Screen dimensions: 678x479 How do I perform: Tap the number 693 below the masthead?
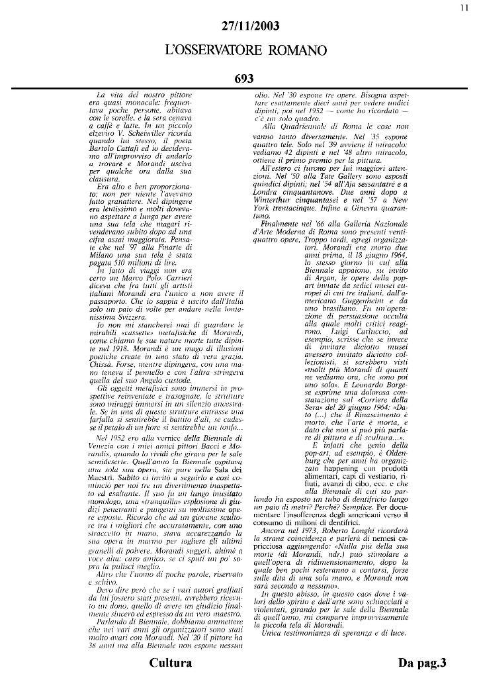[244, 79]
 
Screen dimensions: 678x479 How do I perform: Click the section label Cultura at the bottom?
[171, 663]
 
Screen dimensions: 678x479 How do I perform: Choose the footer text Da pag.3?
[423, 663]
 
